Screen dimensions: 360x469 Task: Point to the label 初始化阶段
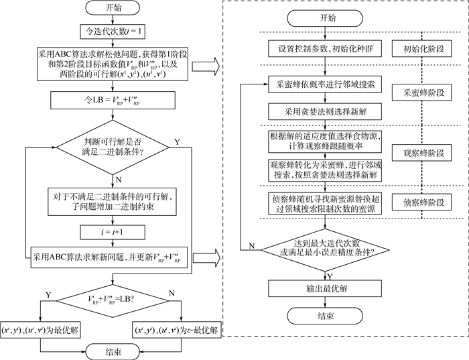click(x=424, y=50)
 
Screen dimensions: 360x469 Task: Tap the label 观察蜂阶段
click(x=424, y=154)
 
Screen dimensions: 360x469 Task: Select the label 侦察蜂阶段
click(x=424, y=202)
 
